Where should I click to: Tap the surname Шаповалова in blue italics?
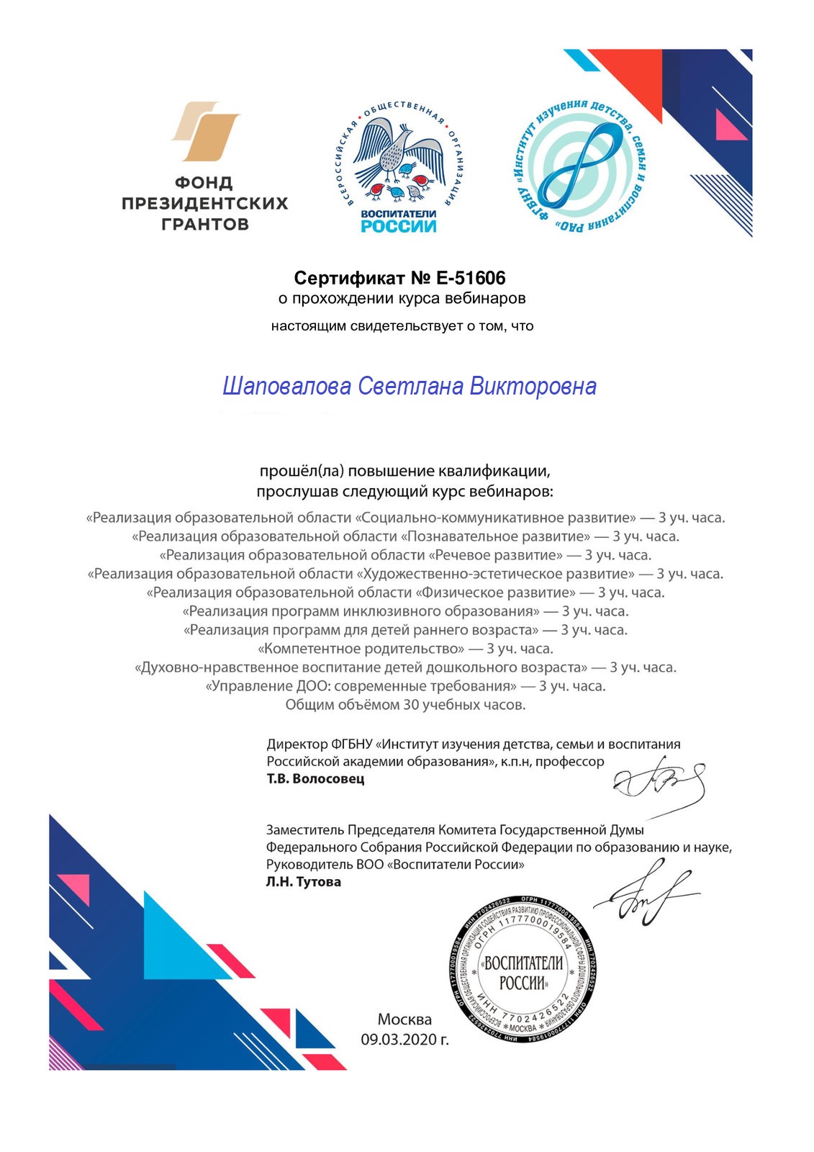(x=286, y=387)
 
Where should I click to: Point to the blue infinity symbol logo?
(x=580, y=163)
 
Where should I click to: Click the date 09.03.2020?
(x=404, y=1040)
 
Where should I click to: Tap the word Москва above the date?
(x=404, y=1020)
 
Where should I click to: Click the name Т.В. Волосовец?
(x=315, y=778)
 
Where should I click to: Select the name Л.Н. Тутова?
(x=303, y=881)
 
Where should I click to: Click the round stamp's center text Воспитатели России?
(x=523, y=973)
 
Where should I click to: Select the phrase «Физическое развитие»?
(x=496, y=593)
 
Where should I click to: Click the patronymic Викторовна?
(x=533, y=387)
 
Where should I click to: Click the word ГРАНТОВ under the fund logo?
(x=204, y=224)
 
